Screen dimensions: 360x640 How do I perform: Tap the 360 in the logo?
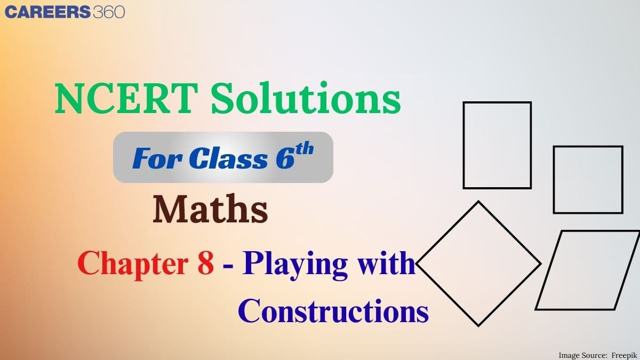point(108,12)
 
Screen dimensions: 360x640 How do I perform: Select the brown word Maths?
point(210,210)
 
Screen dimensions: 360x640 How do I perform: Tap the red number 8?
point(206,263)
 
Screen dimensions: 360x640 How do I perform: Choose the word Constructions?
point(333,311)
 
